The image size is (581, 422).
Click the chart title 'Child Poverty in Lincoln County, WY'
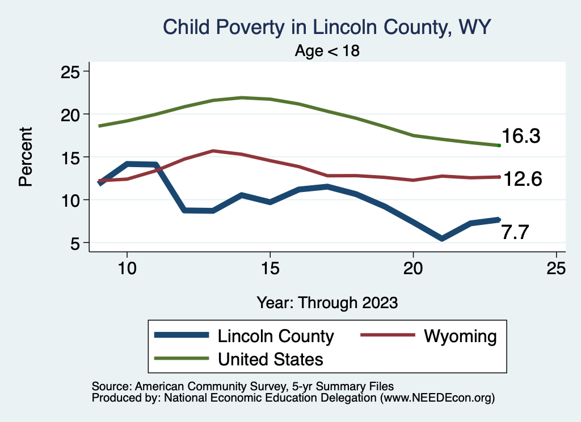coord(326,27)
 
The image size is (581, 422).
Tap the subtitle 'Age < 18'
coord(327,51)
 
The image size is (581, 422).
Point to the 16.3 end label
coord(520,137)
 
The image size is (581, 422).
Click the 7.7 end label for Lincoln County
coord(515,232)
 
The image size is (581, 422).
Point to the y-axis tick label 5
coord(75,243)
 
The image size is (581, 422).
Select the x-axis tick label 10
coord(127,268)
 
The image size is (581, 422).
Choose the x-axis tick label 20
coord(413,268)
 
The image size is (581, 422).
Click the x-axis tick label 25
coord(556,268)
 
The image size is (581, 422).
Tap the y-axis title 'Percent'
coord(25,157)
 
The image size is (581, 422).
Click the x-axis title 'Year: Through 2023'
coord(327,302)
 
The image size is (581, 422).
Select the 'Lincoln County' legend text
coord(276,336)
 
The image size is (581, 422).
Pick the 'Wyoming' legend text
coord(460,336)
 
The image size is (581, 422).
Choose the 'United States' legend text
coord(270,359)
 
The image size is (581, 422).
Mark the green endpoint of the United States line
coord(499,146)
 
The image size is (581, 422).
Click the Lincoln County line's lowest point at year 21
coord(441,238)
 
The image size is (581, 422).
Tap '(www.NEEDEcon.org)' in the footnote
coord(437,398)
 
